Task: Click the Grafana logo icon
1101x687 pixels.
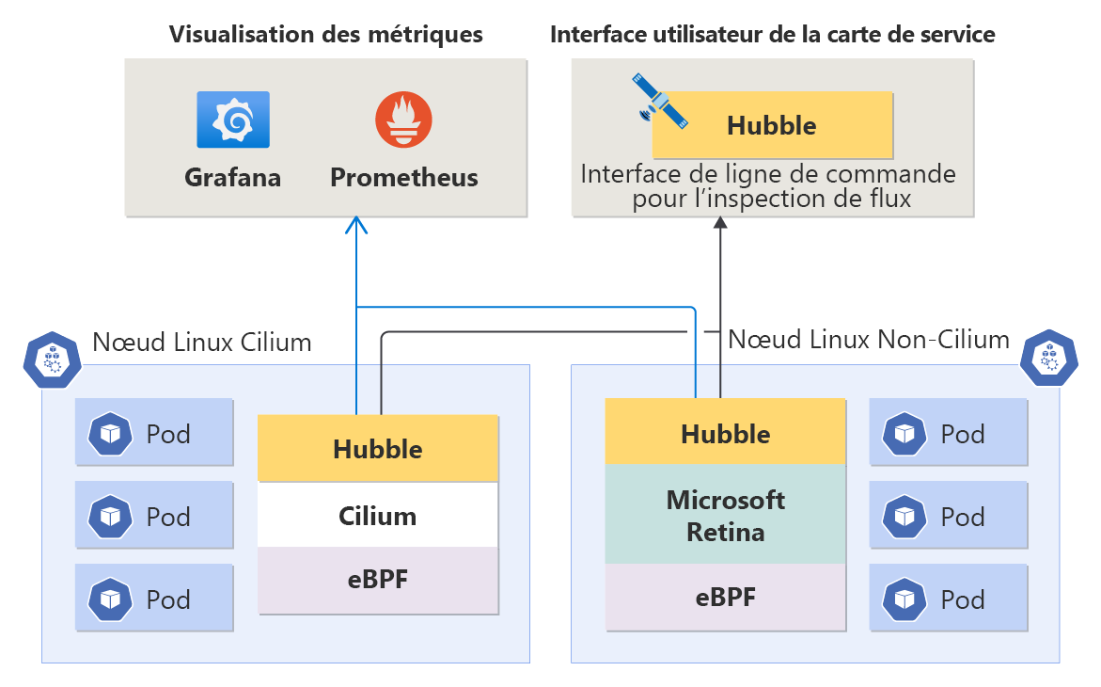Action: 233,120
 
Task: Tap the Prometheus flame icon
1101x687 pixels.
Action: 403,120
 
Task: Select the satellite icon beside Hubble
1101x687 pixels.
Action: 662,102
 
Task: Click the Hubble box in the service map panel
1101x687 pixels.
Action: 772,125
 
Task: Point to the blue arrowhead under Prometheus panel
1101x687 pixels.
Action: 355,224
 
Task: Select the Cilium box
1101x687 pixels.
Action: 378,515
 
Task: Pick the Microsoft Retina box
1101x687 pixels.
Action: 725,515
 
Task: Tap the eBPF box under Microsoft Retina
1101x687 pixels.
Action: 725,597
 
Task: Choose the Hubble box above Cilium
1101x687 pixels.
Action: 378,448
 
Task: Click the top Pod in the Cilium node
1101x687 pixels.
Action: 154,433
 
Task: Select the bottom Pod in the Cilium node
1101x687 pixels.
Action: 154,599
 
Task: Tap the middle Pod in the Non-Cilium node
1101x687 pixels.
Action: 948,516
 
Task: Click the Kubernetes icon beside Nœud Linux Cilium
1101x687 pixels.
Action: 53,360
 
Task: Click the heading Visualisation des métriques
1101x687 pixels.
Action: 325,35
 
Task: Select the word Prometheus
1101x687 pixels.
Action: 403,177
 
